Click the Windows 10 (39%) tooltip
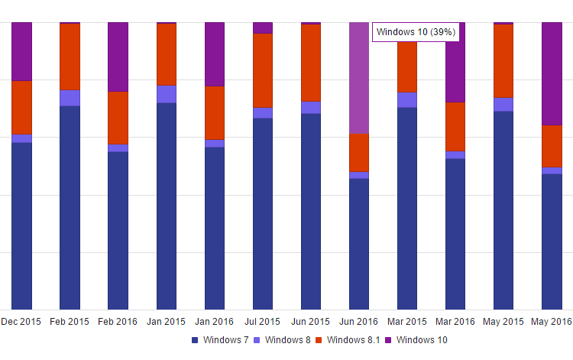(416, 32)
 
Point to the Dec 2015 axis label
(21, 322)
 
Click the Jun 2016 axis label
(359, 322)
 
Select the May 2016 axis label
(552, 322)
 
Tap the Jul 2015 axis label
(263, 322)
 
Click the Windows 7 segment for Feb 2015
(70, 207)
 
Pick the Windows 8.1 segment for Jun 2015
(311, 63)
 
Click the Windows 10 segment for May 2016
(552, 73)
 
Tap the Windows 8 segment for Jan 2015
(167, 94)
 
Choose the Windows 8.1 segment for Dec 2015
(21, 107)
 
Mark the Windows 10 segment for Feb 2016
(118, 57)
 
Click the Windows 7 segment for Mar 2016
(455, 234)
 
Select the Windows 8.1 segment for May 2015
(503, 61)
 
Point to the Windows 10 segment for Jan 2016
(215, 54)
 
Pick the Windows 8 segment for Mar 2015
(407, 100)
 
